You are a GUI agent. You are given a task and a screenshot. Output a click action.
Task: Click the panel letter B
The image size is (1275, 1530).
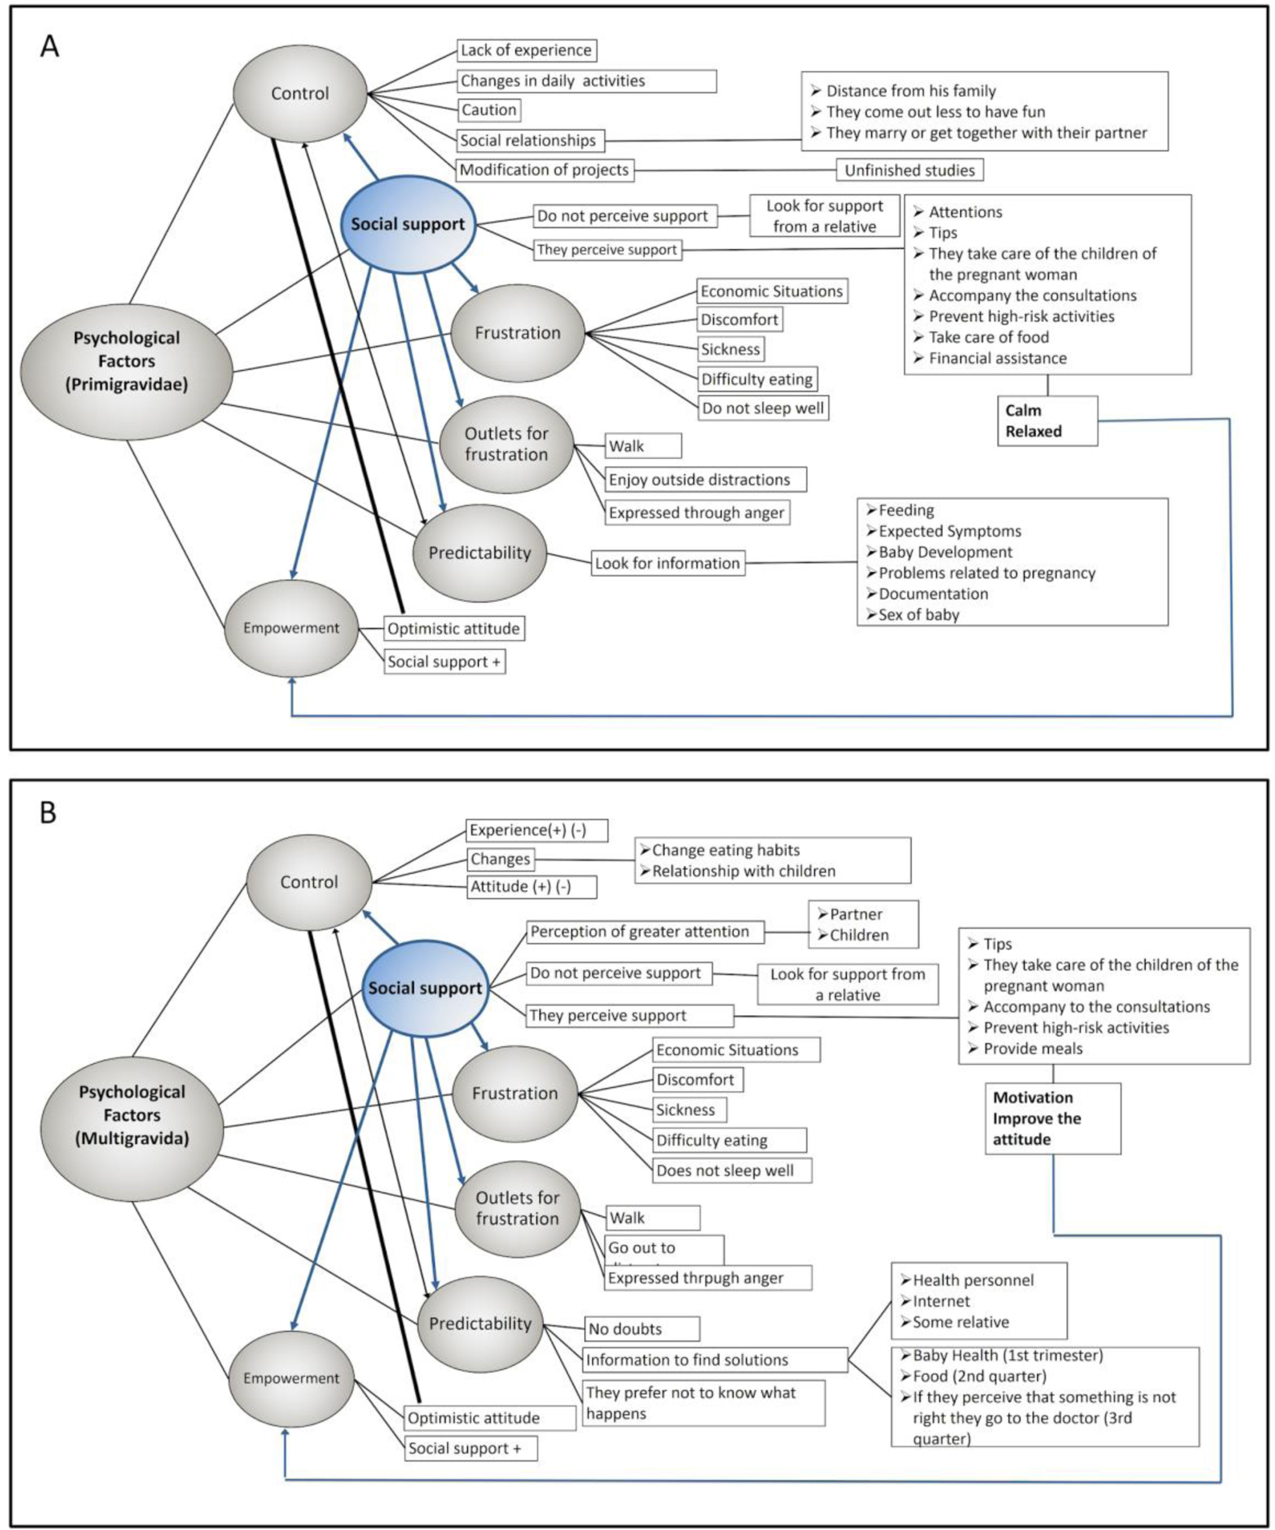[48, 812]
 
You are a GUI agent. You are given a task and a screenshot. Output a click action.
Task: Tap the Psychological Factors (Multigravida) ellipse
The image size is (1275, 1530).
[132, 1115]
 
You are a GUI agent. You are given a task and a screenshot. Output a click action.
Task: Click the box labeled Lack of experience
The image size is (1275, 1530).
[526, 50]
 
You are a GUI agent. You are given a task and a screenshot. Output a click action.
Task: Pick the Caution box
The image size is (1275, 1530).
[489, 110]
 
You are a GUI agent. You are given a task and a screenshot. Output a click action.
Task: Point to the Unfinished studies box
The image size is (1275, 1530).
[909, 170]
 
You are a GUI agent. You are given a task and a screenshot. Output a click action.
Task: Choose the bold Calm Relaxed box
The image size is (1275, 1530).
[1047, 420]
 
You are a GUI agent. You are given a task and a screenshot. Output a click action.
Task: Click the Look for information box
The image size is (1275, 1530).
[667, 563]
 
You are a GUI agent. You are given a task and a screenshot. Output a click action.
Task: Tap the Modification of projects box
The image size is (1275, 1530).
[544, 170]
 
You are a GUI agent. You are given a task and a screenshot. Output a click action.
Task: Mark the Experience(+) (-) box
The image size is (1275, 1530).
[536, 830]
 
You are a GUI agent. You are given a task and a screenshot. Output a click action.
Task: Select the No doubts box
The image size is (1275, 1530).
[641, 1329]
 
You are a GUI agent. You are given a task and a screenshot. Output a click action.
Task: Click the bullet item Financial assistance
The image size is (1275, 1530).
[997, 358]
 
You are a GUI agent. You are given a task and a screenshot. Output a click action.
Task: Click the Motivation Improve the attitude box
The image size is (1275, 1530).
[1053, 1118]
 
